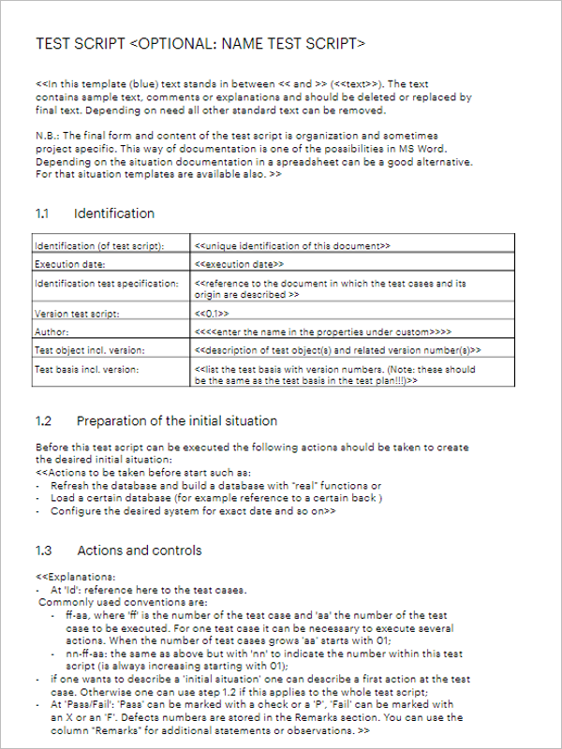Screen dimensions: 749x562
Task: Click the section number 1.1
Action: (x=42, y=213)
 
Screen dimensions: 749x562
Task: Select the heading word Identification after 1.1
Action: (x=114, y=213)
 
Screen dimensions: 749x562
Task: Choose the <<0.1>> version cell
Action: (x=212, y=314)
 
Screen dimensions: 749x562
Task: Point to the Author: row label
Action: (x=52, y=331)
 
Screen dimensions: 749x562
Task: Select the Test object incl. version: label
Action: (x=89, y=349)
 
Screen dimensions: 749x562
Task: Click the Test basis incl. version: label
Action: (x=85, y=369)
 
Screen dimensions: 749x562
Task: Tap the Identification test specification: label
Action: (x=106, y=283)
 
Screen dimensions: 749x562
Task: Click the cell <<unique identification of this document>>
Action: (x=292, y=246)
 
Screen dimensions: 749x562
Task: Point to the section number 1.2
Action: (x=43, y=420)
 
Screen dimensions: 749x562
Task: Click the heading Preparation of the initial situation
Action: (x=177, y=420)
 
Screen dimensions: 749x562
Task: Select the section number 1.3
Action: (x=43, y=550)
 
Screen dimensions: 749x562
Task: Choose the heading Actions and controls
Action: (x=140, y=550)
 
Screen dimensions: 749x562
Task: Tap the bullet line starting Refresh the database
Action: (x=215, y=486)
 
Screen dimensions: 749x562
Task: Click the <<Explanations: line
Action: (x=75, y=577)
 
